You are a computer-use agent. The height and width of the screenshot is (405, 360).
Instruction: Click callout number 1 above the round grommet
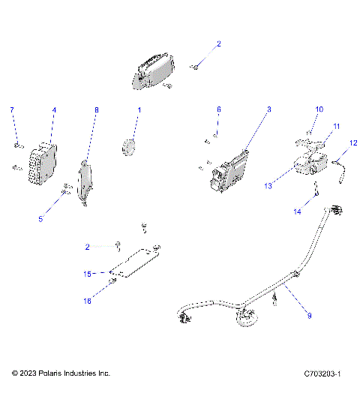coord(138,110)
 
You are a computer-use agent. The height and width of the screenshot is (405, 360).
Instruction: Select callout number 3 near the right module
coord(268,110)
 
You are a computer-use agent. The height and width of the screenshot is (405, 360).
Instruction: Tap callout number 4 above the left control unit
coord(54,110)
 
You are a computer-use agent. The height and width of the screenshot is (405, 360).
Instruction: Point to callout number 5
coord(42,219)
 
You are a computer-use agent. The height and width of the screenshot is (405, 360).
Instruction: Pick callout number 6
coord(218,110)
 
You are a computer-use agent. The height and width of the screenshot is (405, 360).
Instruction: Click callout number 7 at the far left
coord(11,110)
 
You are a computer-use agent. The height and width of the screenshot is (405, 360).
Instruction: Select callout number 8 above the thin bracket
coord(96,110)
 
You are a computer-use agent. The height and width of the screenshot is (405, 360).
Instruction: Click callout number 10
coord(319,109)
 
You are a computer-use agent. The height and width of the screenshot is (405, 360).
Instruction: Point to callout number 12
coord(354,142)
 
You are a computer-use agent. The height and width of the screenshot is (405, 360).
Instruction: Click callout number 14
coord(297,212)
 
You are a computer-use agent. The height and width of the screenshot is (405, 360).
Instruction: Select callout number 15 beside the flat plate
coord(86,274)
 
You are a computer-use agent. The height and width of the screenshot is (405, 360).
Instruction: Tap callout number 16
coord(86,301)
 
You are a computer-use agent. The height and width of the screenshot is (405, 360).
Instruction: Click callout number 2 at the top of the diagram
coord(219,44)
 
